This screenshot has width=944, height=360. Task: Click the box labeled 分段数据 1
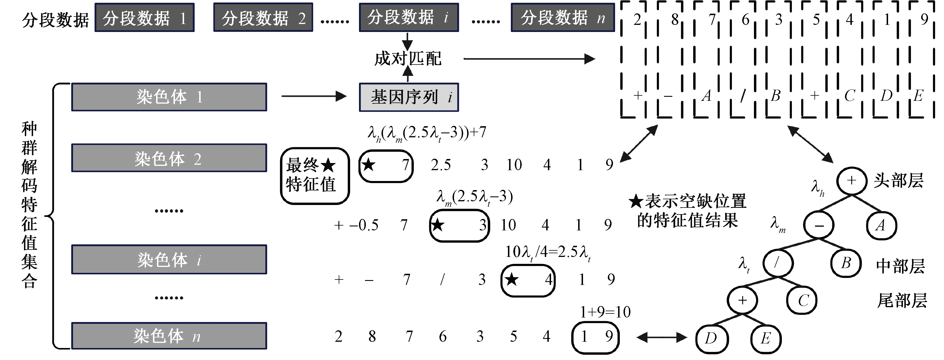(x=144, y=18)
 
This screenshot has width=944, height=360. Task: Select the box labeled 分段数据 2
(x=263, y=18)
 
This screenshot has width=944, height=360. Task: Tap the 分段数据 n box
(x=562, y=18)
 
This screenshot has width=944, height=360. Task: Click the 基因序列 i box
(x=409, y=97)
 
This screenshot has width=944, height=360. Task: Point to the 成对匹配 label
(x=408, y=59)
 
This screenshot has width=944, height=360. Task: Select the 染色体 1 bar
(x=169, y=97)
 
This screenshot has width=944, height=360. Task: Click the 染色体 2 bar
(x=169, y=158)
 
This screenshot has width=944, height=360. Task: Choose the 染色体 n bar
(x=169, y=336)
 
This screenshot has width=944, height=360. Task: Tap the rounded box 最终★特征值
(x=315, y=176)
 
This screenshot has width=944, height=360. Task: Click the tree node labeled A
(x=881, y=225)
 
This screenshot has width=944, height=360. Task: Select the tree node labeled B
(x=846, y=263)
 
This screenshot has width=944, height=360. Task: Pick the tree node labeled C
(x=802, y=301)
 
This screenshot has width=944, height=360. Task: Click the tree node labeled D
(x=711, y=338)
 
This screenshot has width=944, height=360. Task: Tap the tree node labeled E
(x=766, y=338)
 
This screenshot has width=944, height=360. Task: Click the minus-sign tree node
(x=819, y=225)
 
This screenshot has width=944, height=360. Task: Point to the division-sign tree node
(x=778, y=263)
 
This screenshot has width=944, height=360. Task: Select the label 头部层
(x=899, y=180)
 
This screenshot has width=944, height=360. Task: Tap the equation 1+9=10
(x=605, y=312)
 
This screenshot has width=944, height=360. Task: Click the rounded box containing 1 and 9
(x=596, y=337)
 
